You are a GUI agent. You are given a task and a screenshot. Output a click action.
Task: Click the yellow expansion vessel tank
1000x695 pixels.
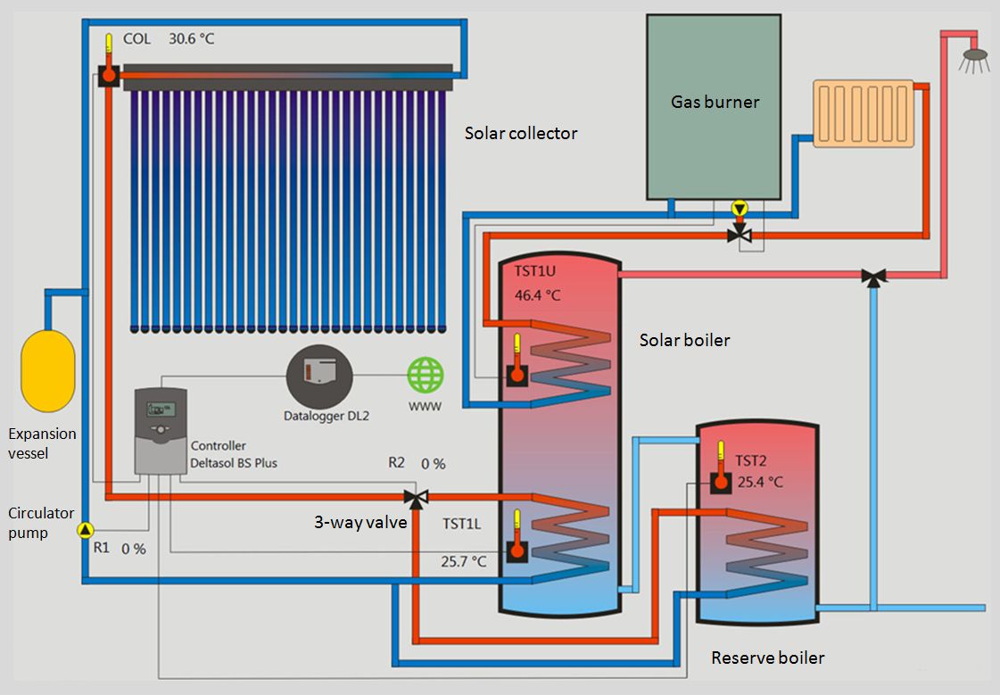[46, 370]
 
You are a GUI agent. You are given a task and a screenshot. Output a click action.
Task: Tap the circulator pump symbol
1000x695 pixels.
[85, 531]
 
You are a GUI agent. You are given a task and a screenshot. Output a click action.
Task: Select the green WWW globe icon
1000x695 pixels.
[425, 375]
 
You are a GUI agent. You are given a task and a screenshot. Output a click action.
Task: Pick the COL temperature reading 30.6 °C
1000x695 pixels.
[191, 39]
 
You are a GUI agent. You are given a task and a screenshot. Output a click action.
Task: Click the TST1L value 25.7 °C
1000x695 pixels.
[464, 561]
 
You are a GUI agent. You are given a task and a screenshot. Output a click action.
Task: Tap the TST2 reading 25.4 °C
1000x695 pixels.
[760, 482]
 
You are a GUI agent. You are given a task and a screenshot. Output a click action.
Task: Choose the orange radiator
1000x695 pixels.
[863, 113]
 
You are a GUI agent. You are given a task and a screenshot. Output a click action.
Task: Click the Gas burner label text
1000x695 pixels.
[715, 102]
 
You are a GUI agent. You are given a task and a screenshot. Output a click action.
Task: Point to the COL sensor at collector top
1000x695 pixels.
[107, 75]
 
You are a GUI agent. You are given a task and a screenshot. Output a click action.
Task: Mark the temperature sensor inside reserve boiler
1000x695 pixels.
[721, 482]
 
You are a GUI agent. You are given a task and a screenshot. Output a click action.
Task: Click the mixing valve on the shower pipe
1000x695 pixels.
[873, 277]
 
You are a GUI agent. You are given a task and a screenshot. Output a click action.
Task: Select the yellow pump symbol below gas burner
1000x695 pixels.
[739, 209]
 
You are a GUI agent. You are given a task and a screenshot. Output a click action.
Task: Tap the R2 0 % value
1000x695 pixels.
[433, 464]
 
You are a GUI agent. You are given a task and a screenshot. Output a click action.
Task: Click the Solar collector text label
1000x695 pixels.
[521, 133]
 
